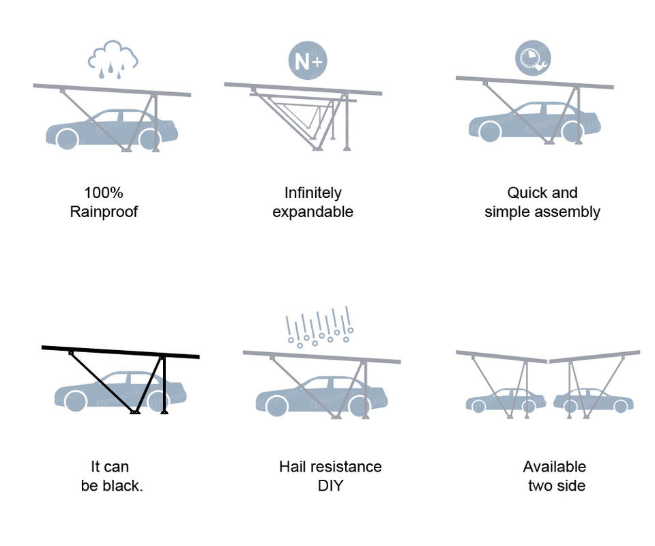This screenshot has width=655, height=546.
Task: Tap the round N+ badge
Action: click(308, 61)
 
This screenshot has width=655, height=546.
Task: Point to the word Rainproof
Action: click(104, 212)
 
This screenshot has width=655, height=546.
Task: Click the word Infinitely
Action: click(312, 192)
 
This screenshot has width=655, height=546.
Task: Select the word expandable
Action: click(312, 212)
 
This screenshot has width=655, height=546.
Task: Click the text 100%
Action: click(104, 192)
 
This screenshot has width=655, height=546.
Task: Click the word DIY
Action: click(330, 486)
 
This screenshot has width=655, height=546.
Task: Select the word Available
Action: click(554, 467)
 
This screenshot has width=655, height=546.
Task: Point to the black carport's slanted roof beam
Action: click(120, 352)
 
